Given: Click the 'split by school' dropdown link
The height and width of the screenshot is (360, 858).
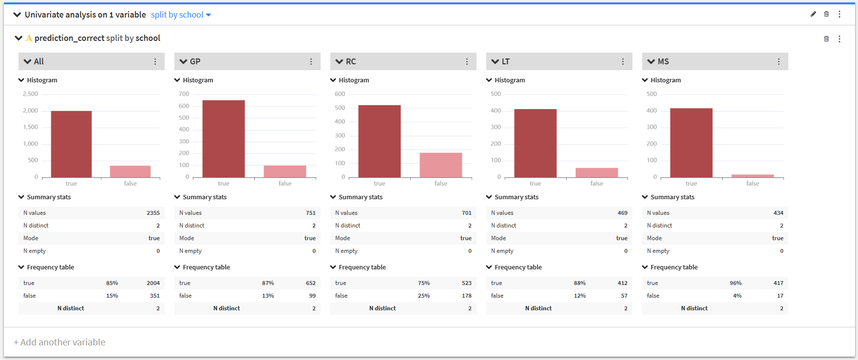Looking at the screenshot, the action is click(181, 15).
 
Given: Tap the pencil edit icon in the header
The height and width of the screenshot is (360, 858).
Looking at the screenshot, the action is click(813, 14).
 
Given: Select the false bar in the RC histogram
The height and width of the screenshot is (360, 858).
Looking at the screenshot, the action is click(441, 165).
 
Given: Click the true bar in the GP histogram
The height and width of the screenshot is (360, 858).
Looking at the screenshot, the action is click(224, 139).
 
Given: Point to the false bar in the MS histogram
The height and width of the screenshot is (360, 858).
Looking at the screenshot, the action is click(753, 176).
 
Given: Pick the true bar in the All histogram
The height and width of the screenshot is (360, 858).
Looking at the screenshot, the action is click(71, 144).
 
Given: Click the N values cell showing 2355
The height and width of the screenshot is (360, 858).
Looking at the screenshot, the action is click(153, 213).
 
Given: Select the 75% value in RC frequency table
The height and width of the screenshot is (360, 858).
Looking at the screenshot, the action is click(424, 283).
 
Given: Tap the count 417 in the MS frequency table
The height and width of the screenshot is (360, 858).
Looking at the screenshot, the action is click(779, 283).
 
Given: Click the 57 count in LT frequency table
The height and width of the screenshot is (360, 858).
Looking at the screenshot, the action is click(624, 296).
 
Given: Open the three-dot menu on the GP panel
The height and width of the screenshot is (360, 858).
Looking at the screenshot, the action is click(311, 61).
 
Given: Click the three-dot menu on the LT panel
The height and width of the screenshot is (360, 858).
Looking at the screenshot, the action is click(623, 61).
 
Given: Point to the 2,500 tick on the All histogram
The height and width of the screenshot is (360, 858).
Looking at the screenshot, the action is click(30, 94).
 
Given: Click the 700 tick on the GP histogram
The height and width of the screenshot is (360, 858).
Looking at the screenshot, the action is click(184, 94).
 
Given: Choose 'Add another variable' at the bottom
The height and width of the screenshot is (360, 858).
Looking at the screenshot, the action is click(59, 342).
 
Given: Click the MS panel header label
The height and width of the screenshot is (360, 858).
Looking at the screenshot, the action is click(663, 61).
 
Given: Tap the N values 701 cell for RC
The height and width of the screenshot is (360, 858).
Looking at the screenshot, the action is click(467, 213).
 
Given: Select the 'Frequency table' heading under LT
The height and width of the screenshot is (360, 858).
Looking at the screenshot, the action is click(518, 267).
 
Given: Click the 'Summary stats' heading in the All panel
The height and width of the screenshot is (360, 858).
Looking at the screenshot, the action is click(49, 197).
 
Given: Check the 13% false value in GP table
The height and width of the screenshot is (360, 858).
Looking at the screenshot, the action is click(268, 296).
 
